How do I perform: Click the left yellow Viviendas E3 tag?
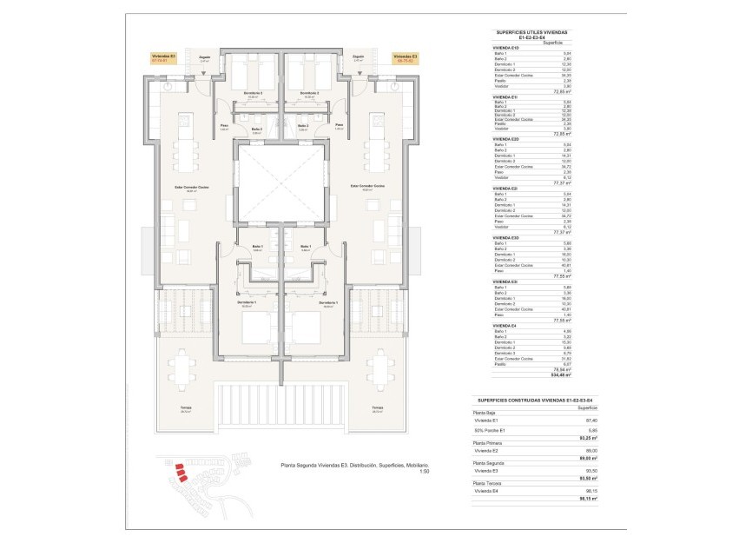(163, 58)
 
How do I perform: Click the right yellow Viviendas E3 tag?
(406, 58)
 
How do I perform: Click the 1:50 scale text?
(424, 472)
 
